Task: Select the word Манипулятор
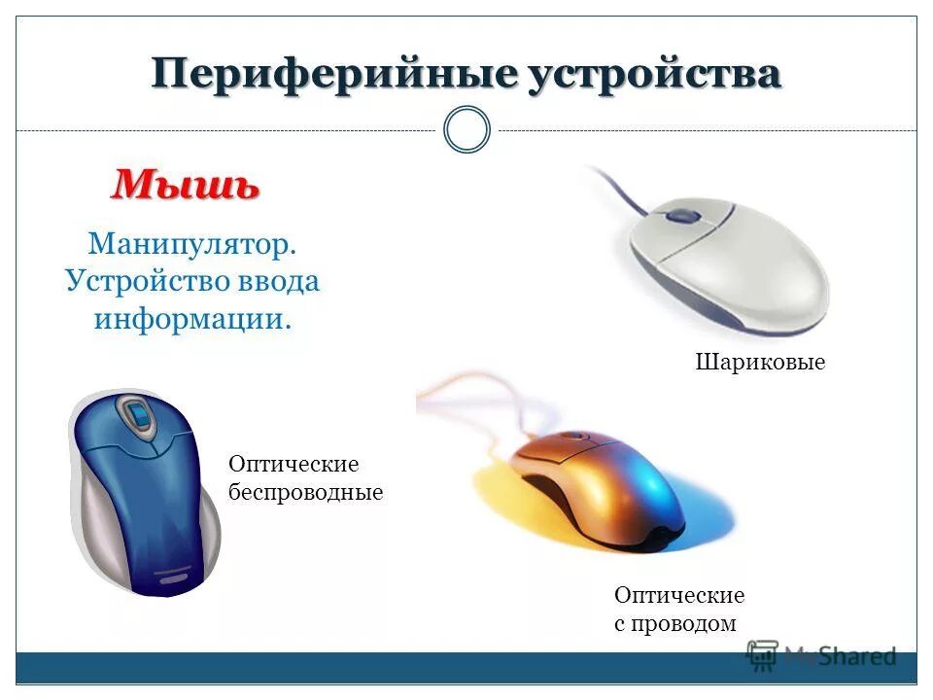click(x=191, y=244)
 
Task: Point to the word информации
click(x=192, y=318)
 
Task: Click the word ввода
click(x=278, y=281)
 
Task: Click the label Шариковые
click(x=760, y=363)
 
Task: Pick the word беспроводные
click(x=305, y=492)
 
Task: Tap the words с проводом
click(x=674, y=623)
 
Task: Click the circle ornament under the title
click(x=466, y=130)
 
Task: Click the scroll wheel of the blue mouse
click(x=137, y=417)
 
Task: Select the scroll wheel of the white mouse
click(x=684, y=215)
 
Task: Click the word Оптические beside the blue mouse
click(x=293, y=465)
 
